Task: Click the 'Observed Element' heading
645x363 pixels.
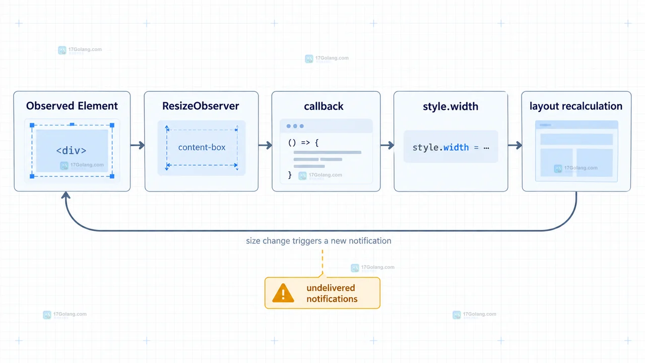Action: click(72, 106)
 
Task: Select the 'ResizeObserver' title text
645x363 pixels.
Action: click(201, 106)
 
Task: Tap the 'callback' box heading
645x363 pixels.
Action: click(324, 106)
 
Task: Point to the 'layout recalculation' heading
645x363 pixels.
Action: click(576, 106)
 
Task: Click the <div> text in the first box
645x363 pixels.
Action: click(71, 150)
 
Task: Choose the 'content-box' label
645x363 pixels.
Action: click(202, 147)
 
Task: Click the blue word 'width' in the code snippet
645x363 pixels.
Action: click(456, 148)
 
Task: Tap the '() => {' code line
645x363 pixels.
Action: click(303, 143)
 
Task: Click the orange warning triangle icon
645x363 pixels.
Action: click(283, 293)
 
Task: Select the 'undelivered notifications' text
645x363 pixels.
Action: click(332, 293)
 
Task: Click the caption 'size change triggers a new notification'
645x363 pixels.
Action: click(318, 241)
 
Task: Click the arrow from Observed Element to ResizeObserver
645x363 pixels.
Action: click(138, 145)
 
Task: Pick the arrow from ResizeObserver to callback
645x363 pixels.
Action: click(265, 145)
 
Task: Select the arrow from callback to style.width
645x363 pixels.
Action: click(388, 145)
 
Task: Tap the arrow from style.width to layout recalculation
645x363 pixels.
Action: click(515, 145)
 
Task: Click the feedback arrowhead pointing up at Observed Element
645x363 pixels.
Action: click(66, 195)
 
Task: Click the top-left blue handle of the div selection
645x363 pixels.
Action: click(32, 126)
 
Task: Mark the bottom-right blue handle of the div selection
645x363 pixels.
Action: click(112, 176)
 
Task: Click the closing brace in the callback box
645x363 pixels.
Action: click(290, 175)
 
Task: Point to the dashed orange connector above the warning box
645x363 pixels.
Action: click(322, 262)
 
